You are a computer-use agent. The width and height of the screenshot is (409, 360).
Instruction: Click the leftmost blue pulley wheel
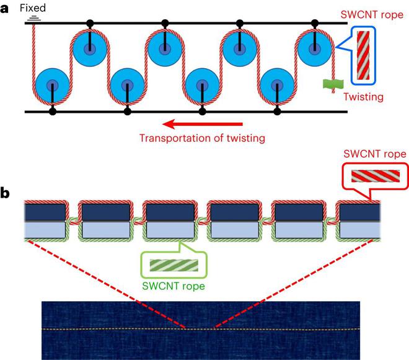52,85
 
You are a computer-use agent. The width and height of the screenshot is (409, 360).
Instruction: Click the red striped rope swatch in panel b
367,177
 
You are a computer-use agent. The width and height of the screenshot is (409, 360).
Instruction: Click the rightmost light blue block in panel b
358,230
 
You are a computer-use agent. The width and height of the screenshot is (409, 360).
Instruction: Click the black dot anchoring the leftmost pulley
52,112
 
